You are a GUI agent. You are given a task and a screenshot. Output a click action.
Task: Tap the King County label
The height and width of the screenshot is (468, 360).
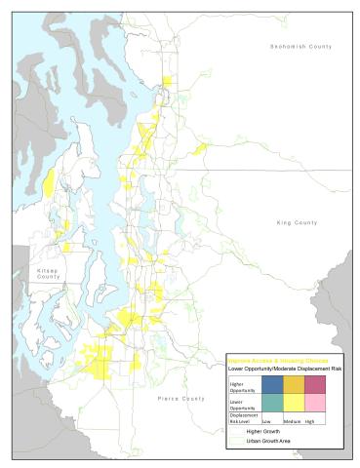[297, 223]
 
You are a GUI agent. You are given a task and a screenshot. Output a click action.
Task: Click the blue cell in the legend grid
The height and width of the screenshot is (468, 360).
[272, 384]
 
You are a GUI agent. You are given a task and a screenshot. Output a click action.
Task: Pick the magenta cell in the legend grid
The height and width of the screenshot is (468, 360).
[318, 384]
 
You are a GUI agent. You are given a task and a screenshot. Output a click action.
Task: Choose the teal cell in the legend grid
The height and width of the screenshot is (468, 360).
[272, 403]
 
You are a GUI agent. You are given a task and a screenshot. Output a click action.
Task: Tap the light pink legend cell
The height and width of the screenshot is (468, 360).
[318, 403]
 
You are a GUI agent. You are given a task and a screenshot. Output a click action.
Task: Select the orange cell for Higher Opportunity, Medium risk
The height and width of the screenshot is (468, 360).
[295, 384]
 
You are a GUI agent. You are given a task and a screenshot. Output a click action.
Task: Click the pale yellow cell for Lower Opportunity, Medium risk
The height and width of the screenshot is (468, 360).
[295, 403]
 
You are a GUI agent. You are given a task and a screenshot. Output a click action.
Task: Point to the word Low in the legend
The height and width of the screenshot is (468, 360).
[267, 420]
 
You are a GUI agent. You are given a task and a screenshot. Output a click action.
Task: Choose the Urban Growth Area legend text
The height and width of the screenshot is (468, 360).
[268, 441]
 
